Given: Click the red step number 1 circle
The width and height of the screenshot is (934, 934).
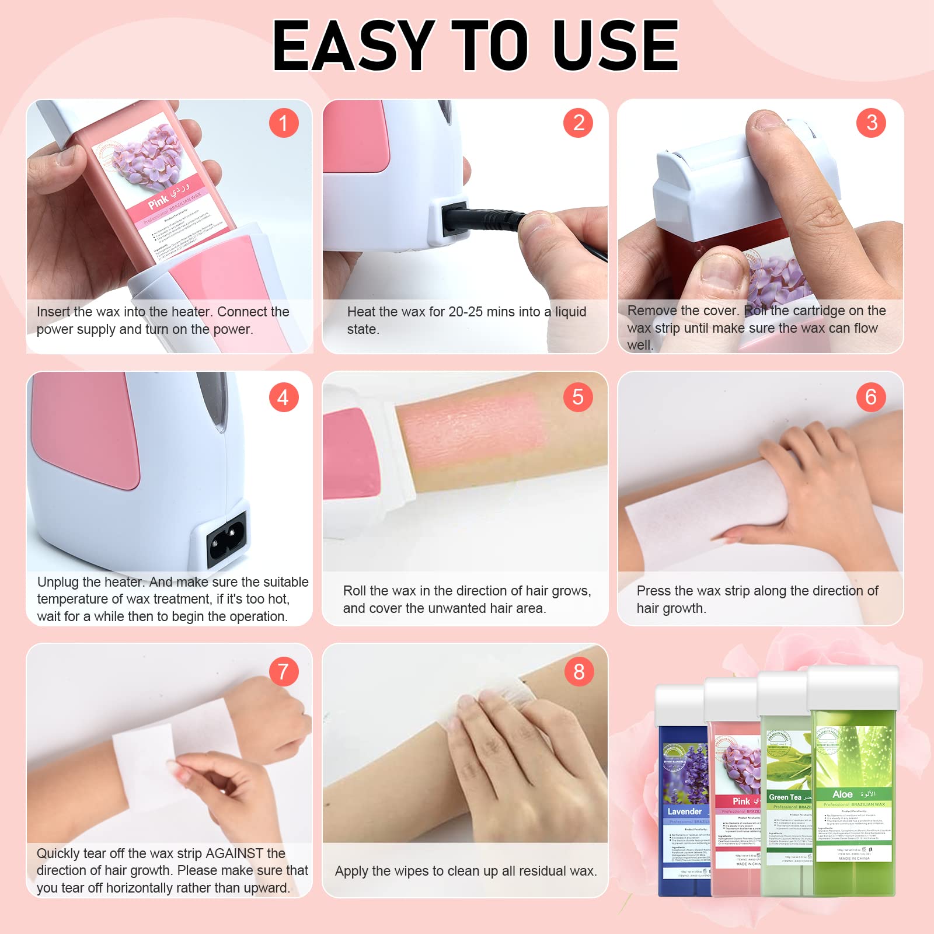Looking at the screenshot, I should click(x=284, y=123).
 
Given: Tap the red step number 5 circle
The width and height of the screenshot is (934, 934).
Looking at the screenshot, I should click(x=578, y=397).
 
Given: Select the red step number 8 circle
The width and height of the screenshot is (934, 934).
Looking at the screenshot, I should click(x=578, y=671).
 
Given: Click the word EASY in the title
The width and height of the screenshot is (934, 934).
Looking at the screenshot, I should click(x=354, y=46).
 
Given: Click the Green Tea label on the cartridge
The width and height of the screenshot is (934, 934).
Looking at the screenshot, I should click(x=785, y=797).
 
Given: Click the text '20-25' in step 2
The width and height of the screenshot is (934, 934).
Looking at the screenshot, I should click(x=465, y=312).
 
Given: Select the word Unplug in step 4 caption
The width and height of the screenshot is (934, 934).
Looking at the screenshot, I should click(x=58, y=582).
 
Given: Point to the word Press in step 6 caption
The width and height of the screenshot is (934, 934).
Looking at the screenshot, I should click(x=654, y=591).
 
